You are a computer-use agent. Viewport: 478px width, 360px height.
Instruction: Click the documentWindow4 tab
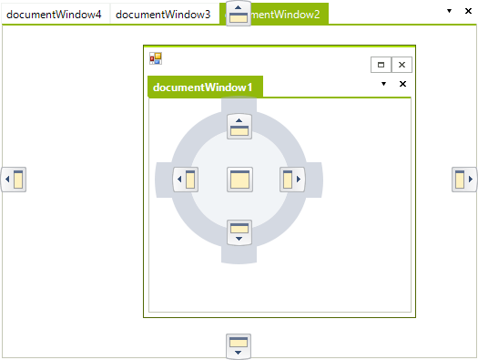pyautogui.click(x=55, y=15)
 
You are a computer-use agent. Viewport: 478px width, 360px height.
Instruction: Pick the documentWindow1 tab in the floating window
pyautogui.click(x=203, y=87)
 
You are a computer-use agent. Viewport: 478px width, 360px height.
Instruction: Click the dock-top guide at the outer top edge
pyautogui.click(x=239, y=14)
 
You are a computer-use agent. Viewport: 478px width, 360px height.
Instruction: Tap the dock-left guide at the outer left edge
pyautogui.click(x=14, y=180)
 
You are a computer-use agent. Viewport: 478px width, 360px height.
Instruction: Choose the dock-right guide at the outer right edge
pyautogui.click(x=464, y=180)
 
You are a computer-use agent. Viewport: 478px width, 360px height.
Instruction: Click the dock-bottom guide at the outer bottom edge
pyautogui.click(x=239, y=346)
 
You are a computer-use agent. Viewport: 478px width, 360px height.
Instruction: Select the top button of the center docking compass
pyautogui.click(x=239, y=126)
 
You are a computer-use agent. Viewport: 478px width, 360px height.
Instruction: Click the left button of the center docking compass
pyautogui.click(x=186, y=180)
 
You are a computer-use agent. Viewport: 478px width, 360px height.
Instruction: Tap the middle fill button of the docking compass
pyautogui.click(x=239, y=180)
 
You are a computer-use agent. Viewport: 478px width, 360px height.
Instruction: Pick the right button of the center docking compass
pyautogui.click(x=292, y=180)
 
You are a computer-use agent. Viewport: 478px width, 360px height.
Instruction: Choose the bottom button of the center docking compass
pyautogui.click(x=239, y=232)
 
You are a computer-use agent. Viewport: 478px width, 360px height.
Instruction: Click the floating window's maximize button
pyautogui.click(x=381, y=65)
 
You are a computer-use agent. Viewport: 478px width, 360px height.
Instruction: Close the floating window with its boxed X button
pyautogui.click(x=402, y=65)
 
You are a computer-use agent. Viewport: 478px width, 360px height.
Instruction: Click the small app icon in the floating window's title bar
pyautogui.click(x=156, y=58)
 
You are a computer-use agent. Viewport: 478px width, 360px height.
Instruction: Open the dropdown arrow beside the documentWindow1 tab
pyautogui.click(x=384, y=84)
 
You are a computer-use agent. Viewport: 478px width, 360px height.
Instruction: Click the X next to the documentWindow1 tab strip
pyautogui.click(x=402, y=84)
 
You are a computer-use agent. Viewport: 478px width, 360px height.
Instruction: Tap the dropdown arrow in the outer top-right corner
pyautogui.click(x=449, y=10)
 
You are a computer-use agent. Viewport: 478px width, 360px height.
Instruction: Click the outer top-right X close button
pyautogui.click(x=467, y=10)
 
